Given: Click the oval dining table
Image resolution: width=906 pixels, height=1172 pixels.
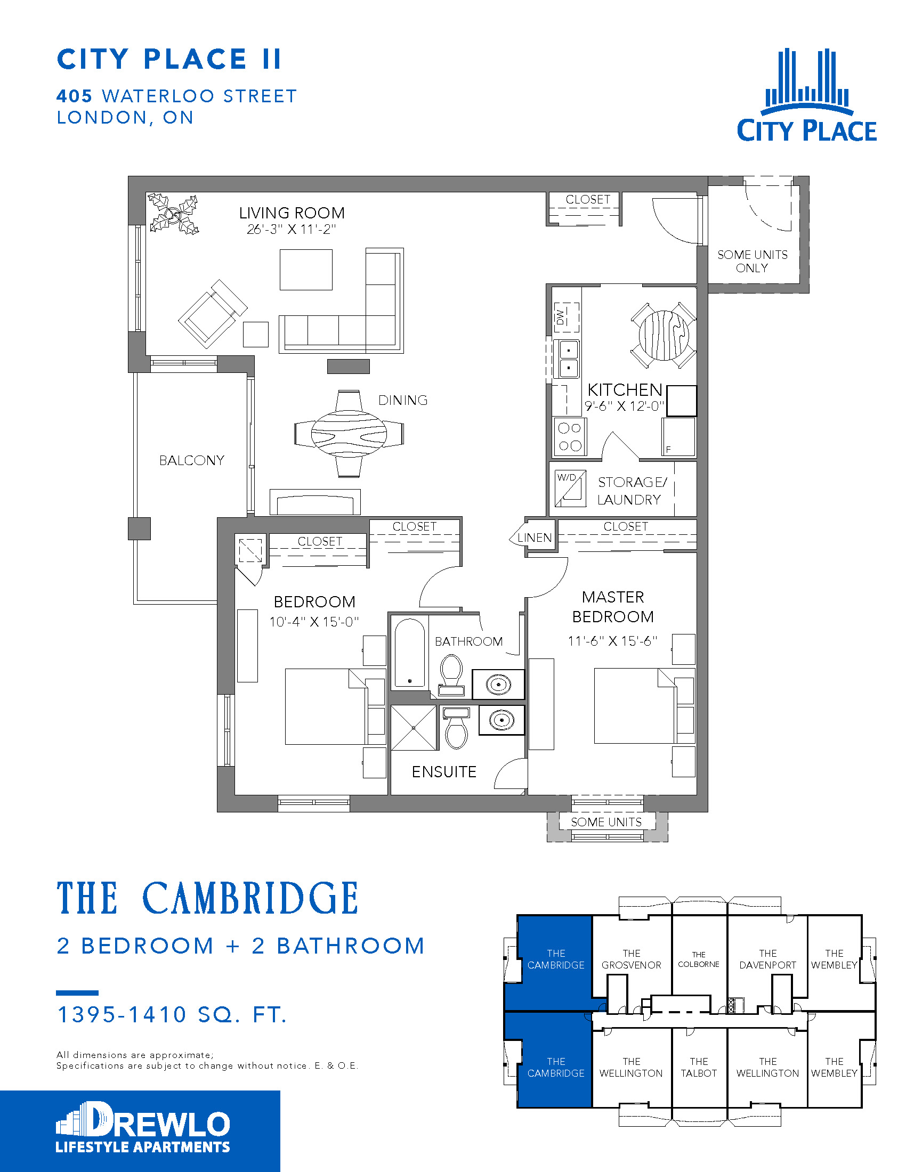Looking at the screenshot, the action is [349, 434].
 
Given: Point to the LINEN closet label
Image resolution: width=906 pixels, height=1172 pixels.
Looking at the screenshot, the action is [534, 538].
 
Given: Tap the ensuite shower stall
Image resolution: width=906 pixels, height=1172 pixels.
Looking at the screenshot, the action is [414, 728].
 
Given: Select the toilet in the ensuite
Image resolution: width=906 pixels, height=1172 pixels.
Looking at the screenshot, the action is [456, 729].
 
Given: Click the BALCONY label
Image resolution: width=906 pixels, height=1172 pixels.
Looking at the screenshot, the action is [192, 460].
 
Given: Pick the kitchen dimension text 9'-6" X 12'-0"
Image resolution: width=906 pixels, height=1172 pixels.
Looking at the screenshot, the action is [624, 406].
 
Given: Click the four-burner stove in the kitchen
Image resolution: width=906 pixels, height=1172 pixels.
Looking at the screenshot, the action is [570, 437].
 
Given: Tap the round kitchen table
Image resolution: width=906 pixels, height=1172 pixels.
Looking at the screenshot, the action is [664, 336].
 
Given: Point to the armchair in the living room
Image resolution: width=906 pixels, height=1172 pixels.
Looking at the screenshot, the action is [212, 313].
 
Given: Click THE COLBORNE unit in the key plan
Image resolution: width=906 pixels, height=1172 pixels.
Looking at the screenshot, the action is [698, 959].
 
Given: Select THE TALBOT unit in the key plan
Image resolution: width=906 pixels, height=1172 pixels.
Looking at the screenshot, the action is [698, 1068].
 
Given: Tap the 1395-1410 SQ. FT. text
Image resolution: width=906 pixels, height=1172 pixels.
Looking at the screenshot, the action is [172, 1015].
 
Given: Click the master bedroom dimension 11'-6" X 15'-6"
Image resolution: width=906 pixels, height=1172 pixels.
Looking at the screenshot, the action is [612, 641].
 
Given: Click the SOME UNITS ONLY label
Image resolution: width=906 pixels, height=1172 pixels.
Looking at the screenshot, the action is [752, 262].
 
